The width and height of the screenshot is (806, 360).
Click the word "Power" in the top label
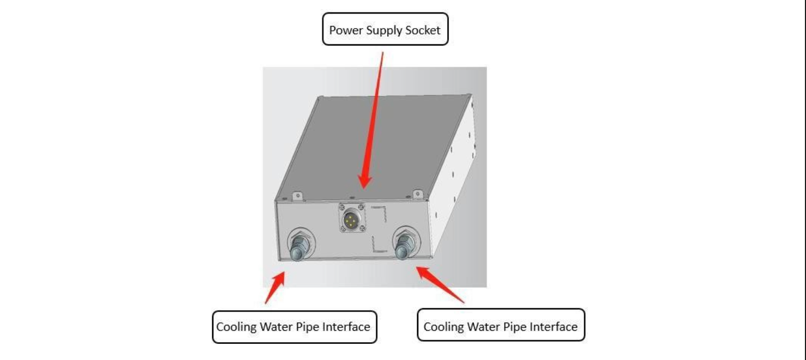point(346,30)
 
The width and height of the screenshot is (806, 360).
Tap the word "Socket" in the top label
point(423,30)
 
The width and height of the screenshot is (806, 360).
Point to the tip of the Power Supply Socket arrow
point(364,188)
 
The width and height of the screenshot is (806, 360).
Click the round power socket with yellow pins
point(351,219)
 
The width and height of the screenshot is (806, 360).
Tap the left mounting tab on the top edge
point(298,196)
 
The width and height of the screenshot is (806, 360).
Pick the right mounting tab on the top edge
point(418,195)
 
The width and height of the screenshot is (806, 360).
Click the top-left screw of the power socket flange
point(342,208)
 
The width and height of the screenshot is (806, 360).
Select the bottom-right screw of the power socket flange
point(362,228)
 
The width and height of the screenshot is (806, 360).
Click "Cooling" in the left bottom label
point(236,327)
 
